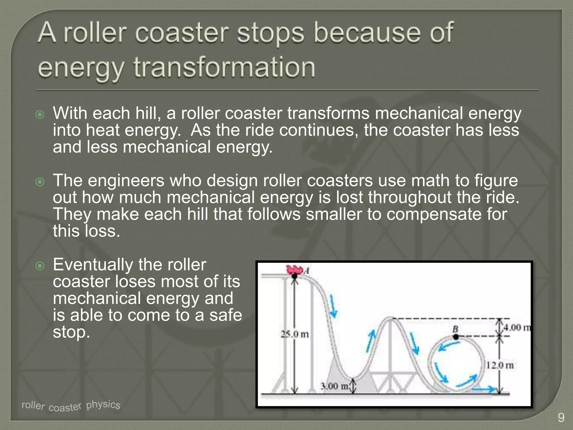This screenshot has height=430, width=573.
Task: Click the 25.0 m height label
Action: (x=295, y=334)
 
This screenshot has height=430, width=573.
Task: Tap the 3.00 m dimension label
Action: (x=334, y=386)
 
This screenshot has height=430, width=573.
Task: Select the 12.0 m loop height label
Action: (x=500, y=365)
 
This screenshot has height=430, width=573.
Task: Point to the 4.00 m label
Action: (x=517, y=327)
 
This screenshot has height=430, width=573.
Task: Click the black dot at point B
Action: (x=456, y=337)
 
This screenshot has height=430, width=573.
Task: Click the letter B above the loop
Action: (x=455, y=329)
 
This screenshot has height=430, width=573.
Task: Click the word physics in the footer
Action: (x=103, y=405)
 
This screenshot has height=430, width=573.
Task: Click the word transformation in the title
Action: (x=224, y=67)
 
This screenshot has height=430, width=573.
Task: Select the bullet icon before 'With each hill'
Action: (x=40, y=115)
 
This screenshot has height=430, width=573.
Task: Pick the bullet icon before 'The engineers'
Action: (x=40, y=182)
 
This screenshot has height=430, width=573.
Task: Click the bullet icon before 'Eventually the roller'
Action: (x=40, y=266)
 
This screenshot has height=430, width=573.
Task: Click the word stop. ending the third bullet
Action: (x=71, y=332)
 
